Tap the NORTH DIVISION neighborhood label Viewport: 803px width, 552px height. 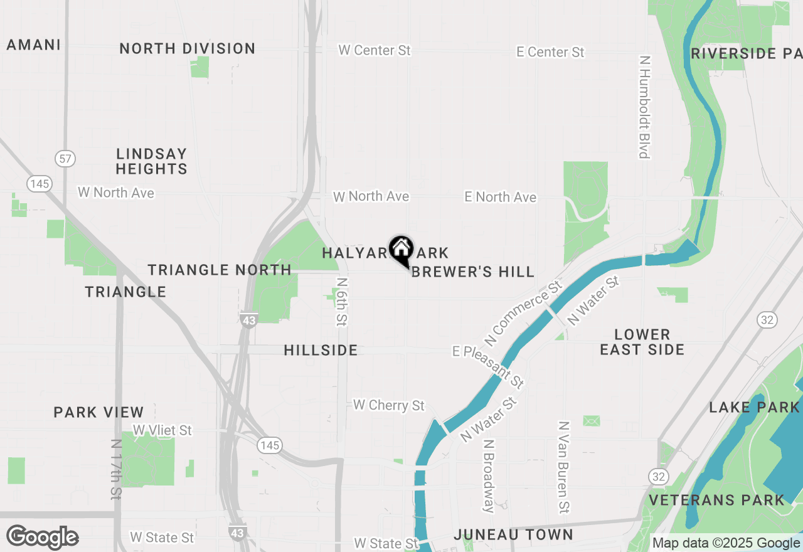click(187, 48)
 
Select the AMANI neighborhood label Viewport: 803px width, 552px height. click(34, 45)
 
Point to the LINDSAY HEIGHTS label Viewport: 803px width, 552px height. click(151, 161)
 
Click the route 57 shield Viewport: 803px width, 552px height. click(65, 158)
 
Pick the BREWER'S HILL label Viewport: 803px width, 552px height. click(473, 272)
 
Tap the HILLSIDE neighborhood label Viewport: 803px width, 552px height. click(321, 350)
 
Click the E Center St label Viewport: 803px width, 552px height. click(550, 52)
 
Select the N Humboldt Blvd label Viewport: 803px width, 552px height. click(644, 107)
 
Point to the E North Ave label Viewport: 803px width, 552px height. click(500, 197)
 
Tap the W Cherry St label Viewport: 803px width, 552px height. click(389, 405)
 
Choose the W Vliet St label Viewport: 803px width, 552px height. click(162, 430)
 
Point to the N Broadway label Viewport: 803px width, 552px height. click(489, 475)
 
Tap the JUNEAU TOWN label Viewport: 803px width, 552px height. click(513, 534)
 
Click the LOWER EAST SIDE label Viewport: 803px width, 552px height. click(642, 342)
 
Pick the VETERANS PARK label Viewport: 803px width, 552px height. click(716, 500)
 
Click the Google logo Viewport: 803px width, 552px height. click(43, 537)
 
